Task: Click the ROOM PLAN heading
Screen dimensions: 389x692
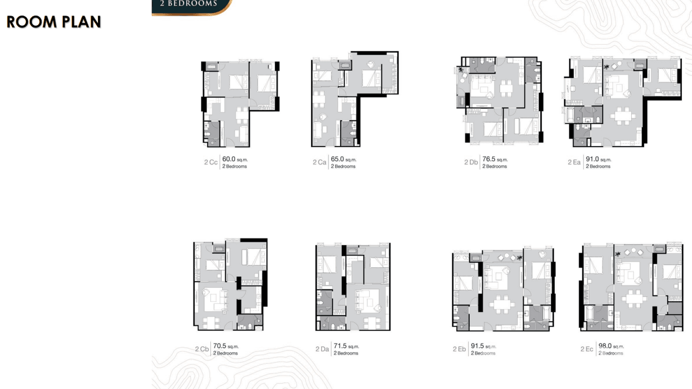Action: [x=54, y=22]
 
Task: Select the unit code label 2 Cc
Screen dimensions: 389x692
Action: [x=210, y=162]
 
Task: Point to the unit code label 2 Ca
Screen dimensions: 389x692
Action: [x=319, y=162]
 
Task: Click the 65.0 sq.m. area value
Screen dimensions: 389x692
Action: [x=343, y=159]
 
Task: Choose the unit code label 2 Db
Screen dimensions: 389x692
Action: [x=471, y=162]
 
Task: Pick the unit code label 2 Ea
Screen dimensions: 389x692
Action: [x=574, y=162]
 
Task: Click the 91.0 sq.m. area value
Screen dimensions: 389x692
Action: [x=598, y=159]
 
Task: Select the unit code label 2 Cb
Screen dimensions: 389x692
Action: [x=202, y=349]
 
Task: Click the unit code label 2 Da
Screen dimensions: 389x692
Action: [x=322, y=349]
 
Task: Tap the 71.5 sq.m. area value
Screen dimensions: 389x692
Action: [x=346, y=346]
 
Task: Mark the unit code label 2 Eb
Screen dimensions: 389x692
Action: [x=459, y=349]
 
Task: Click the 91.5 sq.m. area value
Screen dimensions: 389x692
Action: [x=483, y=346]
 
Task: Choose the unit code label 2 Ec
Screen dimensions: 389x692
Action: [x=586, y=349]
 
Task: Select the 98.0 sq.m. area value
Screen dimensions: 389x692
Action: [x=611, y=346]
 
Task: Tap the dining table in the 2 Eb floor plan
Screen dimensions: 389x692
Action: [x=502, y=304]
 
